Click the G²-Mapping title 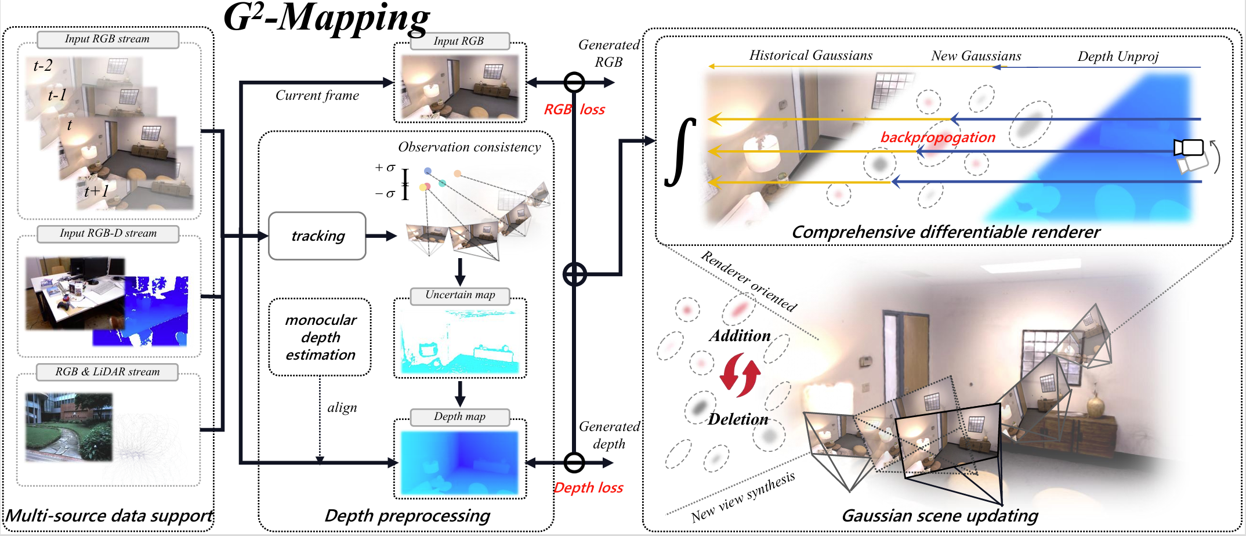327,19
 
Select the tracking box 317,236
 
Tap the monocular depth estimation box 320,337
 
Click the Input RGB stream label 107,39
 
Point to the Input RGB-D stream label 108,234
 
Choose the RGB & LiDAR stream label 107,372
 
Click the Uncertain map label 460,295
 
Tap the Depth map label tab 459,417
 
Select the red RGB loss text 574,110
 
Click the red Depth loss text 588,488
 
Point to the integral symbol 680,153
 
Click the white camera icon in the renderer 1189,148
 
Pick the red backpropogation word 937,137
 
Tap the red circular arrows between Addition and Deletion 740,378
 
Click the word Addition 740,336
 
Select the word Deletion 738,419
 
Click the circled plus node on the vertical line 574,274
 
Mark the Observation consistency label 469,147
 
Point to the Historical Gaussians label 810,56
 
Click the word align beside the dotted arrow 342,408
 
